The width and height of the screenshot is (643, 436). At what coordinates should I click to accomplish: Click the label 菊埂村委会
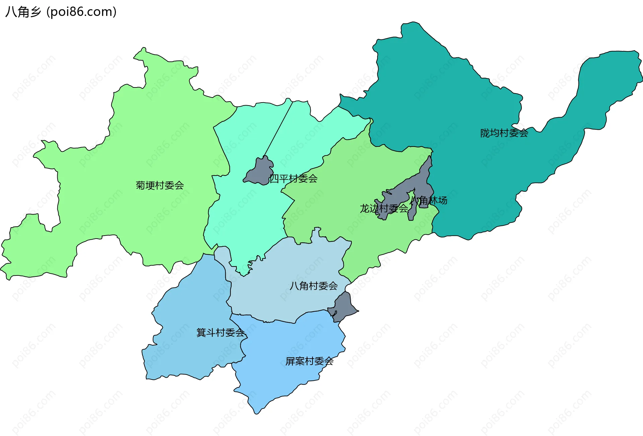pos(160,185)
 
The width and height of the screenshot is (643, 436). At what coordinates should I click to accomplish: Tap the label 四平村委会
pos(293,179)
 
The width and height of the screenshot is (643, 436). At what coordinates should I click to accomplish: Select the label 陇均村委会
pos(504,133)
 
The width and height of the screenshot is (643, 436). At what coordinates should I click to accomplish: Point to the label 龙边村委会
pos(384,208)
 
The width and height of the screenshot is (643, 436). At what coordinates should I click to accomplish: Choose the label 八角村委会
pos(313,286)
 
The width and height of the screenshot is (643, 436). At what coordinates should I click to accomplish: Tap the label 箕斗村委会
pos(220,332)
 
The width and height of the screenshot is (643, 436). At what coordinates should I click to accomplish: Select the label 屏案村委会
pos(309,361)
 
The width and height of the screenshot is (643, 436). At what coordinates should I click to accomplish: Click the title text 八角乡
pos(23,12)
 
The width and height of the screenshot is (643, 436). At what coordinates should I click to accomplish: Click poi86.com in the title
pos(81,12)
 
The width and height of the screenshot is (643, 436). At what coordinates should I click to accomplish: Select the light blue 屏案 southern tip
pos(256,407)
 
